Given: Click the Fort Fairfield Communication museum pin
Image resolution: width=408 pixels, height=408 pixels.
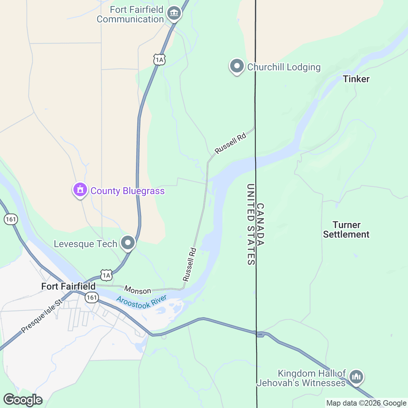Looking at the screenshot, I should pyautogui.click(x=174, y=14).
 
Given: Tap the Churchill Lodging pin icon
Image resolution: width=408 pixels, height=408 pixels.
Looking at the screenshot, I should pyautogui.click(x=237, y=66).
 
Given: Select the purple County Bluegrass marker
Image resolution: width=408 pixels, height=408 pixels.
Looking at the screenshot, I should pyautogui.click(x=80, y=190).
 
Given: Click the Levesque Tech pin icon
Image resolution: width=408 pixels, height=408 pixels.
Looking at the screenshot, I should pyautogui.click(x=128, y=243).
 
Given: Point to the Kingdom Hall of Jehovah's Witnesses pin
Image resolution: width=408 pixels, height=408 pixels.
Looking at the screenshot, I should pyautogui.click(x=356, y=377).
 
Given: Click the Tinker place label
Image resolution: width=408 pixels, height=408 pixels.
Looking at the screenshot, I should pyautogui.click(x=356, y=79).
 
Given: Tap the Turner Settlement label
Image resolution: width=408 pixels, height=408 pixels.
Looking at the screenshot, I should pyautogui.click(x=346, y=230).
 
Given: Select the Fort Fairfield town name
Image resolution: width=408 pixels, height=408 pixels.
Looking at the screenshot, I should pyautogui.click(x=68, y=286).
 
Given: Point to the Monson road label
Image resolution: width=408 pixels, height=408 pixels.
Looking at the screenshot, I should pyautogui.click(x=137, y=290).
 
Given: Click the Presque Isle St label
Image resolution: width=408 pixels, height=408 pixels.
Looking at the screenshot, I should pyautogui.click(x=41, y=316).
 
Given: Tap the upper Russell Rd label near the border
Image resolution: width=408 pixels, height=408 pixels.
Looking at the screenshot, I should pyautogui.click(x=230, y=143).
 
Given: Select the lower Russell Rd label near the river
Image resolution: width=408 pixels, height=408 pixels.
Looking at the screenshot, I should pyautogui.click(x=190, y=265).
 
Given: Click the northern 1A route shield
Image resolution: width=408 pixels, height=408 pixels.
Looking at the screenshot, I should pyautogui.click(x=159, y=60).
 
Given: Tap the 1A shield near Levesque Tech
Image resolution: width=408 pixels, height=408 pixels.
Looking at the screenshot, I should pyautogui.click(x=106, y=275).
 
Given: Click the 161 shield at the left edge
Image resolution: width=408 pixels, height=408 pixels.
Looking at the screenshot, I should pyautogui.click(x=11, y=219).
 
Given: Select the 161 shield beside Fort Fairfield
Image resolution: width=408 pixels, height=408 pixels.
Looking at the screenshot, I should pyautogui.click(x=91, y=297).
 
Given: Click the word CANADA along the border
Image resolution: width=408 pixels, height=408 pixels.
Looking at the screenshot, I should pyautogui.click(x=260, y=224).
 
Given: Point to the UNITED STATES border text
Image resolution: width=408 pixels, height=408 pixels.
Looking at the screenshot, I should pyautogui.click(x=251, y=224).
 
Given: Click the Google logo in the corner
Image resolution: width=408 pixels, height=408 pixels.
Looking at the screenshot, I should pyautogui.click(x=23, y=400).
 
